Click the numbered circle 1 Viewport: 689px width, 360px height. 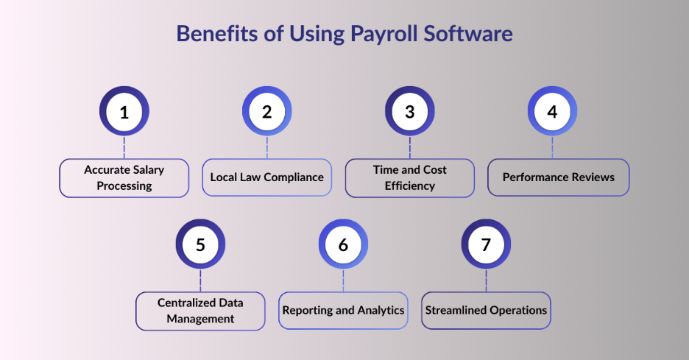tap(124, 111)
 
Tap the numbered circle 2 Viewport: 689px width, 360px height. tap(267, 111)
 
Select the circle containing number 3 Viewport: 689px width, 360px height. tap(410, 111)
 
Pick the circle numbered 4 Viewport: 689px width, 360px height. tap(552, 111)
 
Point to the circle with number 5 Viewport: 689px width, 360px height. tap(200, 244)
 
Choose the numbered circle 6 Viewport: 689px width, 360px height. tap(343, 244)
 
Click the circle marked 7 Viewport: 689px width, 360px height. tap(486, 244)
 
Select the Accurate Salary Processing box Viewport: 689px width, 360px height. tap(124, 178)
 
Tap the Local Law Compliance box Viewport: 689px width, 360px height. tap(267, 177)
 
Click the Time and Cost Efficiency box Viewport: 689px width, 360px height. tap(410, 178)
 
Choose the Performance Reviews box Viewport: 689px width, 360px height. tap(559, 177)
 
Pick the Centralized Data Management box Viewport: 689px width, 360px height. tap(200, 311)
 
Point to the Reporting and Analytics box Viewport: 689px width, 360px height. tap(343, 311)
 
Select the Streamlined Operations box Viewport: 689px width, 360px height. tap(486, 311)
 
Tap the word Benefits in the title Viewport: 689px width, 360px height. tap(217, 33)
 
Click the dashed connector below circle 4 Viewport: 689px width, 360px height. tap(552, 148)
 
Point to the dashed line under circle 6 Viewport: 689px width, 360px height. tap(343, 281)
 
